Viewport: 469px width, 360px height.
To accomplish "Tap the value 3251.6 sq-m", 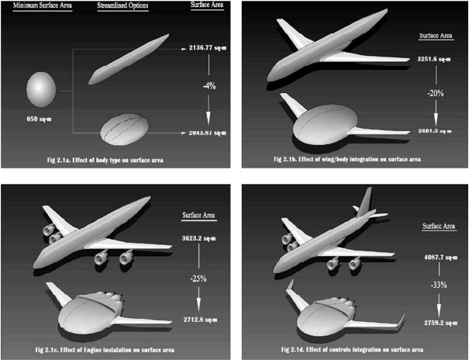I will [435, 58].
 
